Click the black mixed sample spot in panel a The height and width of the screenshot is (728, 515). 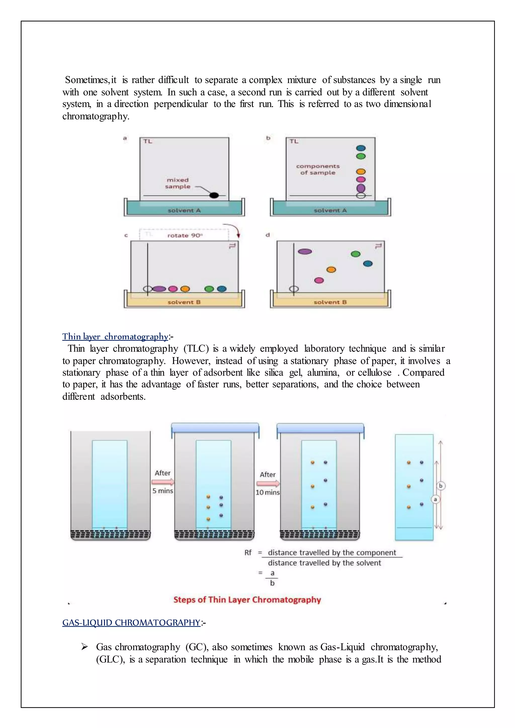click(x=214, y=195)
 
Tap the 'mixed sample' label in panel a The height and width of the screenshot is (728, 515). click(x=178, y=183)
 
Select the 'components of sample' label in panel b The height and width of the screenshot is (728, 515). click(x=318, y=169)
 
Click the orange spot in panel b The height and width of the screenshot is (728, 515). click(x=361, y=171)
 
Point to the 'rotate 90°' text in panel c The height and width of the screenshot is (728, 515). click(x=185, y=235)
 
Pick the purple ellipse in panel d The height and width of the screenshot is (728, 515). click(x=305, y=251)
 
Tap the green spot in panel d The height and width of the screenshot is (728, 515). click(x=356, y=254)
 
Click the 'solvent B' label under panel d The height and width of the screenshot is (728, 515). click(x=330, y=302)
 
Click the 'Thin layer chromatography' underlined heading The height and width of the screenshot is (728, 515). click(x=115, y=336)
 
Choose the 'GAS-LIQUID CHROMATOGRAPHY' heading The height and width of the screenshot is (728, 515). click(x=131, y=622)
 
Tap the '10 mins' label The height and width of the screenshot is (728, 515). click(x=268, y=492)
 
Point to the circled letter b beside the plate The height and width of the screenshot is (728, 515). click(x=441, y=485)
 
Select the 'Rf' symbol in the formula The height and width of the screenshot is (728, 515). click(x=248, y=553)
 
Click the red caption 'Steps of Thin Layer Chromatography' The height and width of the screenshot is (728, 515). click(x=247, y=600)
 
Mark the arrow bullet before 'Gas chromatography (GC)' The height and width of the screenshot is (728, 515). click(x=84, y=647)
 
